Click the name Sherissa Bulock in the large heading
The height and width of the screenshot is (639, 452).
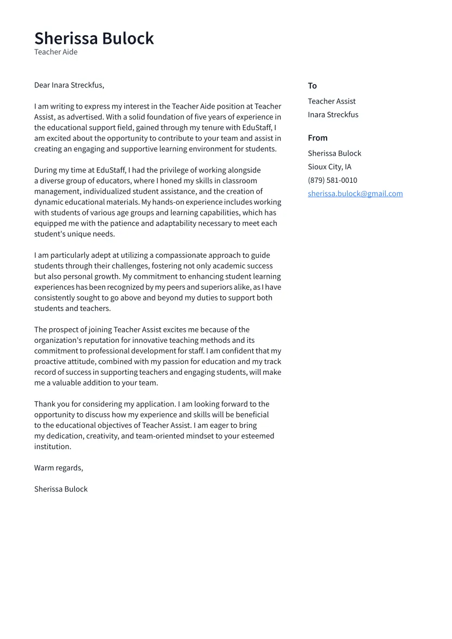[94, 39]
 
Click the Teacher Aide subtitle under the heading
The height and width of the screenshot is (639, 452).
[56, 52]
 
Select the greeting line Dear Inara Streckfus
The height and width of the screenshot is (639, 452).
[69, 85]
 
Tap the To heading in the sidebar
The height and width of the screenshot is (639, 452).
[312, 86]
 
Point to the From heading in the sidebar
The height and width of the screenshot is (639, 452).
[317, 138]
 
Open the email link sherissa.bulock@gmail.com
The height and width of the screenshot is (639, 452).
[355, 194]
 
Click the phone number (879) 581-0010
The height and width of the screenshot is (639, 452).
[332, 180]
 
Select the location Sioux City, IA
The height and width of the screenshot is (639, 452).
[329, 167]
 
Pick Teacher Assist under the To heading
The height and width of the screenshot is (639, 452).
[332, 101]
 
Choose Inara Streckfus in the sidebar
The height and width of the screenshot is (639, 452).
[333, 114]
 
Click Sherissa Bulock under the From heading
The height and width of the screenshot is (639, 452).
[334, 154]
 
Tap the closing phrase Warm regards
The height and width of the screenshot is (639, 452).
[59, 468]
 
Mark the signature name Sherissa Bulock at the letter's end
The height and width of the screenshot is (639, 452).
[61, 489]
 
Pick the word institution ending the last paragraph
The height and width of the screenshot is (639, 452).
[52, 447]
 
